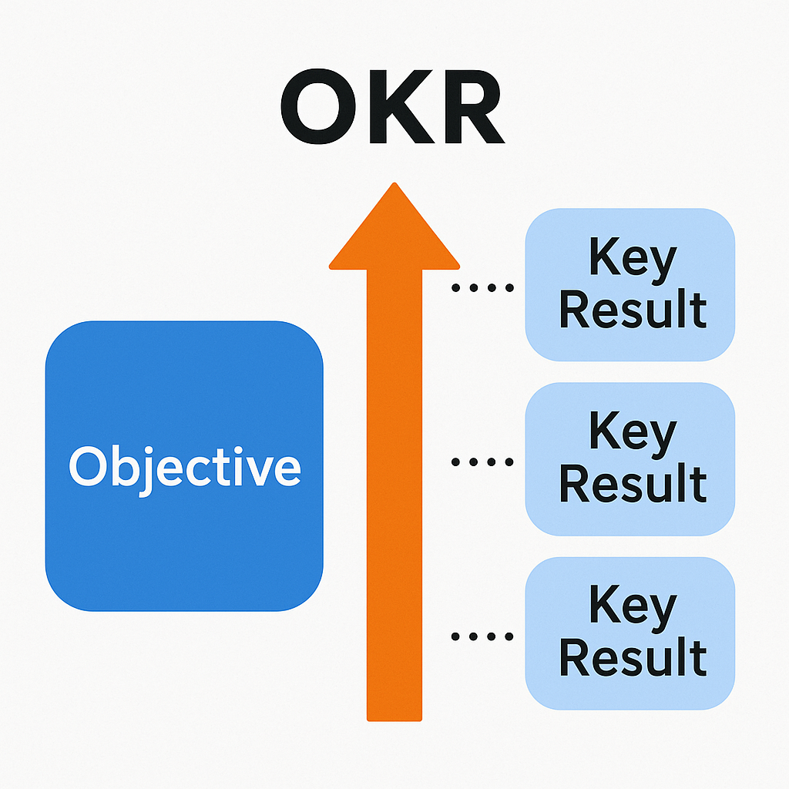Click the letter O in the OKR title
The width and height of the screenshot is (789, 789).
coord(318,106)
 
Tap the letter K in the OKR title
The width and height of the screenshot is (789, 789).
coord(402,106)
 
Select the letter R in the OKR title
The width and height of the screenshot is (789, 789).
coord(475,106)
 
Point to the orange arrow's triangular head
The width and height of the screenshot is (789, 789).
coord(394,226)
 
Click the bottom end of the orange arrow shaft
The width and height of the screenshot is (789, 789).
coord(394,720)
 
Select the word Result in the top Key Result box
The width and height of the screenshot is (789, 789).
coord(633,309)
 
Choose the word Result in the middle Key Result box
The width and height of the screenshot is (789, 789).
coord(633,483)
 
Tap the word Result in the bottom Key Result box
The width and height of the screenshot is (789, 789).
coord(633,656)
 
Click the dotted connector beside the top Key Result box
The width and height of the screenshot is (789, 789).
coord(482,288)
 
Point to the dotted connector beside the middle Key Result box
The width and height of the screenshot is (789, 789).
coord(482,462)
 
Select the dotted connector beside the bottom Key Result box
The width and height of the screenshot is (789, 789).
coord(482,636)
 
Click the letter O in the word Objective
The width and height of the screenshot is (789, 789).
coord(88,466)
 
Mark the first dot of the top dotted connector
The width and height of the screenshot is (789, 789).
coord(455,288)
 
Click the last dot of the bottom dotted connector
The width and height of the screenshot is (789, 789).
coord(509,636)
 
